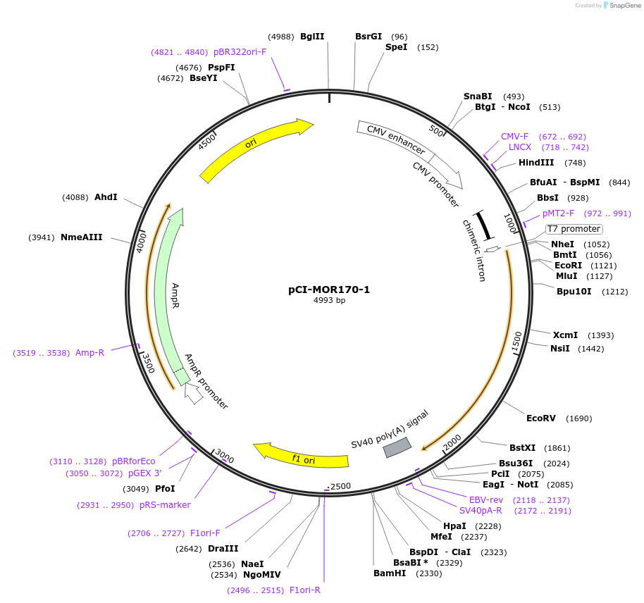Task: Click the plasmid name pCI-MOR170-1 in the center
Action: click(329, 289)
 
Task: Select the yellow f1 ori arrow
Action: click(303, 456)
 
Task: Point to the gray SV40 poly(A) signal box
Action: click(397, 447)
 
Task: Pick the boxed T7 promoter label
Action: click(574, 229)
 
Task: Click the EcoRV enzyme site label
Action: click(540, 418)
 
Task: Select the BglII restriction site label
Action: click(312, 37)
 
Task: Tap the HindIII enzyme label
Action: click(536, 163)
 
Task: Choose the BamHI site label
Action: click(390, 573)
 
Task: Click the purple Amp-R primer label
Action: click(89, 352)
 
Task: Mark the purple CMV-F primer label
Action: click(514, 137)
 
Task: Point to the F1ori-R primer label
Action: click(305, 590)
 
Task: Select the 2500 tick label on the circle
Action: click(340, 487)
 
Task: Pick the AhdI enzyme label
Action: click(106, 197)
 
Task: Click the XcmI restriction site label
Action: click(564, 335)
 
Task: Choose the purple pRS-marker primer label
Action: click(166, 505)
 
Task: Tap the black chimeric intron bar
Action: click(483, 225)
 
